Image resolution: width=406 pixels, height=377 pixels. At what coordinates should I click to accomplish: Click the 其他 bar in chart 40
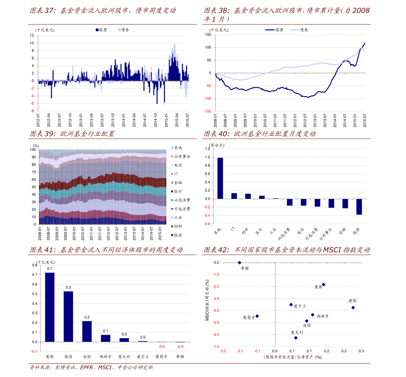click(220, 178)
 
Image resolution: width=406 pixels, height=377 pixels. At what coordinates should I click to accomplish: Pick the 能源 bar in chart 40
click(359, 207)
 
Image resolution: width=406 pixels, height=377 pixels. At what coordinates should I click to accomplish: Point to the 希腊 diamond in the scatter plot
click(239, 263)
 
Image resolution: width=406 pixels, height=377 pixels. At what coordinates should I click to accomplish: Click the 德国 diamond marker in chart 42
click(353, 308)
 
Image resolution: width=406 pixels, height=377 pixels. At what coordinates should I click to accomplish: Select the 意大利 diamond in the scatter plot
click(296, 338)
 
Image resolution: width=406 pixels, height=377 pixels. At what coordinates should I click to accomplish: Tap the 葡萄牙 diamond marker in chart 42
click(257, 316)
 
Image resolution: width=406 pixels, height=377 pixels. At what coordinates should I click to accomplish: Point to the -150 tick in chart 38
click(208, 111)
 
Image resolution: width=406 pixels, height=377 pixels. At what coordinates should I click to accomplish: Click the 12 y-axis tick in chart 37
click(32, 35)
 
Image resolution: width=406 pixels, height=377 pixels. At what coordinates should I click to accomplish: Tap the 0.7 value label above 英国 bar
click(50, 269)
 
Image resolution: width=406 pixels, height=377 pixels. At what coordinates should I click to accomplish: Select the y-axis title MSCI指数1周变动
click(207, 300)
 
